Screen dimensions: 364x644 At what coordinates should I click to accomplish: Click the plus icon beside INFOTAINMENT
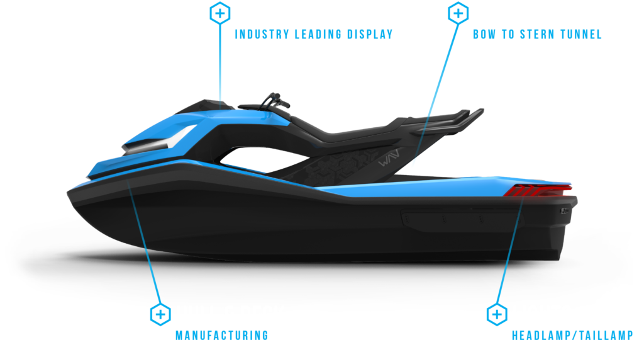[219, 13]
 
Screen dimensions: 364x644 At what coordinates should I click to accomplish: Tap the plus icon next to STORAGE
[457, 13]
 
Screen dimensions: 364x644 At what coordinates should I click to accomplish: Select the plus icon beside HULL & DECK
[160, 314]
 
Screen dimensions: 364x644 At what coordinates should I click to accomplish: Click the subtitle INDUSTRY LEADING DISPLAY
[314, 34]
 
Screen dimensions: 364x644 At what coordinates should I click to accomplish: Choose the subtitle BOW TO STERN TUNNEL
[537, 34]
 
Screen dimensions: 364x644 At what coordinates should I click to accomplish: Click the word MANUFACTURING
[221, 335]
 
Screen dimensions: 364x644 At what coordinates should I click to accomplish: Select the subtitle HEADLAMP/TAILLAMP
[572, 335]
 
